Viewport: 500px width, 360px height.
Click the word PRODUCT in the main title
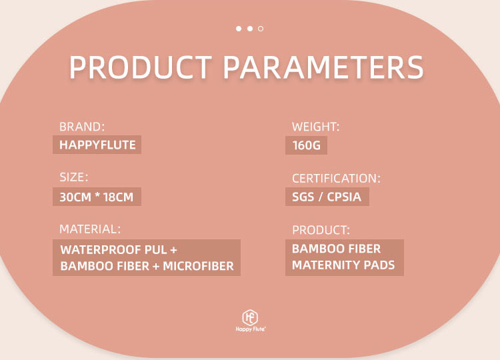(141, 69)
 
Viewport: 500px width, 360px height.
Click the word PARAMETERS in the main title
(323, 69)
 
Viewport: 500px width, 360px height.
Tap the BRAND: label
(82, 127)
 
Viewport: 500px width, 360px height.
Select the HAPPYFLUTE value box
(97, 145)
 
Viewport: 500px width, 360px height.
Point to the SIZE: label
(73, 177)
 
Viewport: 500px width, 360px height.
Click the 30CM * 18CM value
(97, 197)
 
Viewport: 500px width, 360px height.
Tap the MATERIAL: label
(90, 229)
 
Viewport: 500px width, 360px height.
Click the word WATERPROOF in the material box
(100, 250)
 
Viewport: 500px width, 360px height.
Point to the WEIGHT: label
(316, 127)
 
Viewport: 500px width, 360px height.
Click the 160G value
(307, 145)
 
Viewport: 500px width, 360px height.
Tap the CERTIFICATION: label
(336, 179)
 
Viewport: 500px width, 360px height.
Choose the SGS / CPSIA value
(327, 197)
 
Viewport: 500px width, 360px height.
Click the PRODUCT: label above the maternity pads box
(321, 230)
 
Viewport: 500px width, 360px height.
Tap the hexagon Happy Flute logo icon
(250, 317)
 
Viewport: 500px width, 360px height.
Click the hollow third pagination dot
(261, 29)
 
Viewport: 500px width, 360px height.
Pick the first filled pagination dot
(239, 29)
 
